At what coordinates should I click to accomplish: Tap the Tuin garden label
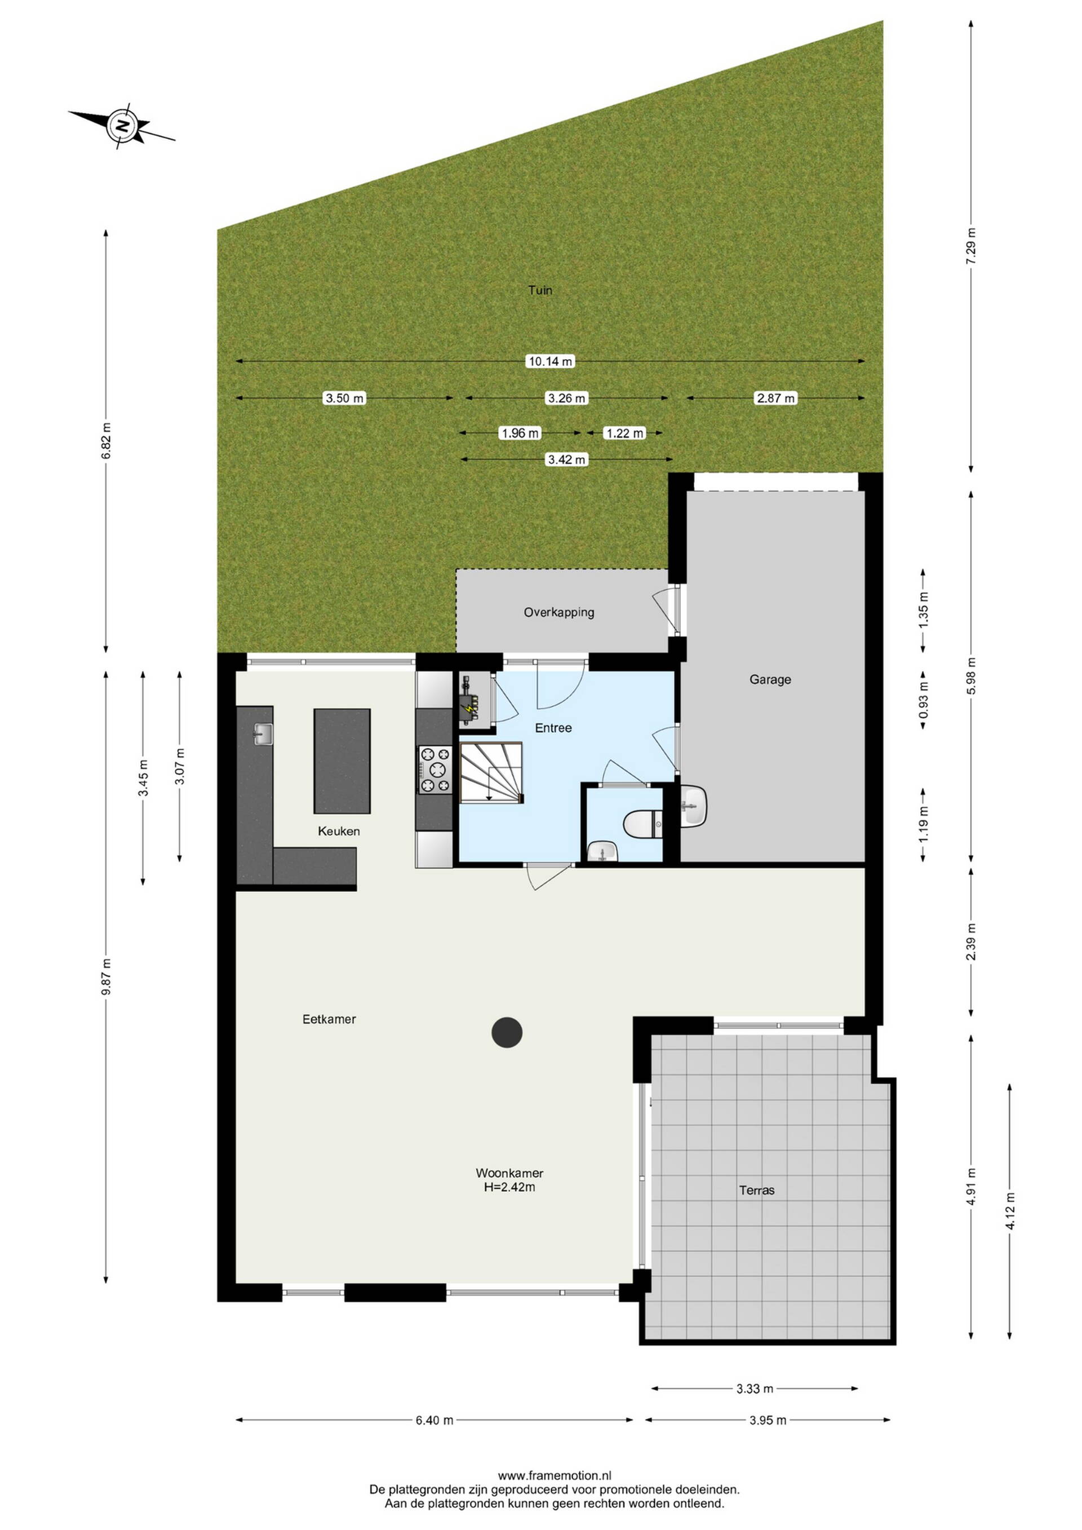540,290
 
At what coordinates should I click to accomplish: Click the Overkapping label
559,612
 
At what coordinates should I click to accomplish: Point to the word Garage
770,679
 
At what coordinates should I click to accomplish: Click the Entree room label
553,728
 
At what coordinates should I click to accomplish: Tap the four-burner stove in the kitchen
434,770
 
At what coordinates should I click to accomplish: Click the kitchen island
342,761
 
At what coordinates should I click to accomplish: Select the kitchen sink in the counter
263,735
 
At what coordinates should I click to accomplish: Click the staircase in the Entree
490,773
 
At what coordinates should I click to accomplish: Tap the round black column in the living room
507,1032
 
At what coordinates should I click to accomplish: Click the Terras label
757,1190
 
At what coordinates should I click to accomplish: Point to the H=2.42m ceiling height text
509,1187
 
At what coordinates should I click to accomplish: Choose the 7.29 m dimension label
971,246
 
